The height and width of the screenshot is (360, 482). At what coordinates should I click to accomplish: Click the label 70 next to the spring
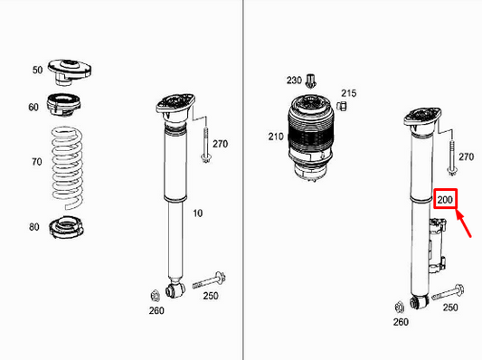[36, 163]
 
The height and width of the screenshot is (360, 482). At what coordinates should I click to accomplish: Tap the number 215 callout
[349, 92]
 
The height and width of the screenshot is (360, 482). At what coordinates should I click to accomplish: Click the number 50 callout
[37, 70]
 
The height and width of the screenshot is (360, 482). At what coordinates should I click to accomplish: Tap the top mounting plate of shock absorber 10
[173, 107]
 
